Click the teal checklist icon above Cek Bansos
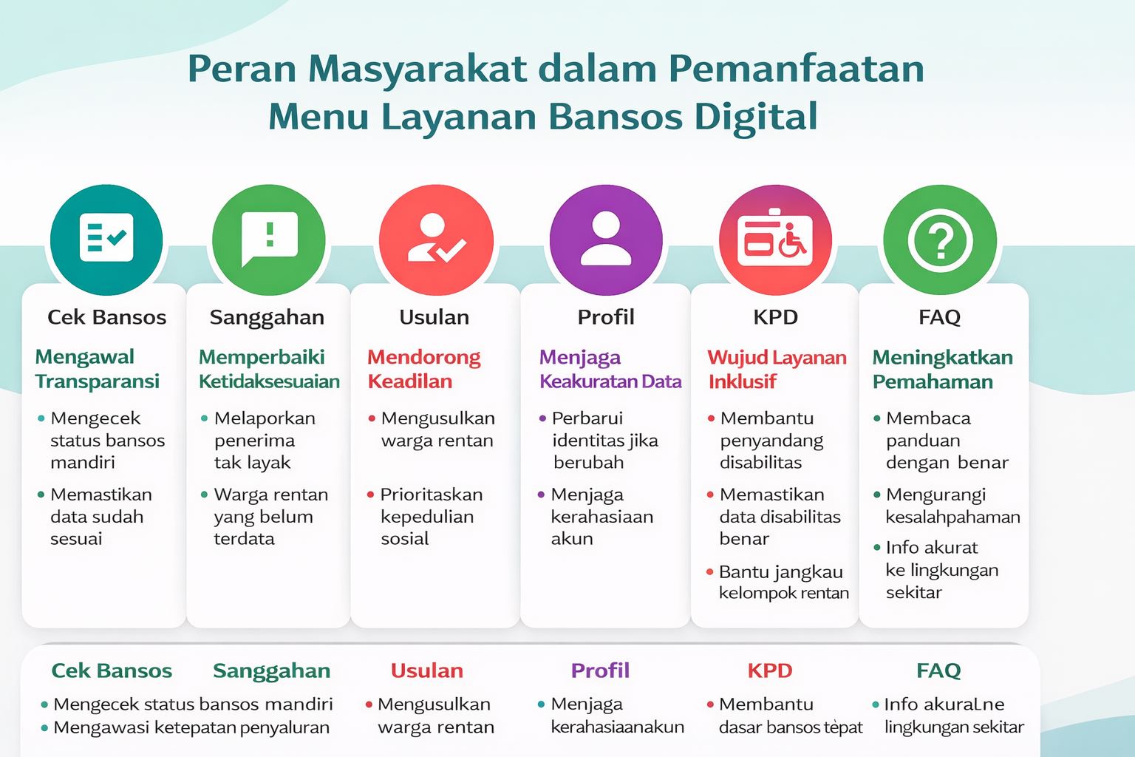click(x=106, y=240)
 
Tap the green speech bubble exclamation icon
click(x=268, y=240)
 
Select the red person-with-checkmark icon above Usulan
click(x=436, y=240)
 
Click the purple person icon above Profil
click(x=606, y=240)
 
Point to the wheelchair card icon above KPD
click(x=775, y=240)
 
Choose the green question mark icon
click(x=940, y=240)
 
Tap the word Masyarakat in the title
click(x=417, y=69)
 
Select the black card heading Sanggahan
click(x=267, y=317)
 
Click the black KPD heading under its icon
click(x=775, y=317)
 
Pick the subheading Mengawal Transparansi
click(x=98, y=369)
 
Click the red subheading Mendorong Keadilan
click(x=424, y=369)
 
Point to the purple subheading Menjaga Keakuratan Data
click(x=610, y=369)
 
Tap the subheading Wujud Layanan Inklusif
click(x=777, y=369)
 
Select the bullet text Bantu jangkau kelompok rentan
click(x=783, y=583)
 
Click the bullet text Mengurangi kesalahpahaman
click(x=952, y=506)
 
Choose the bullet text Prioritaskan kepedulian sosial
click(x=432, y=516)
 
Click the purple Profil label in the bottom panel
click(x=600, y=671)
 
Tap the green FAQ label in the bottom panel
click(x=938, y=671)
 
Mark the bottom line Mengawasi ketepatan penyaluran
click(x=191, y=727)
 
